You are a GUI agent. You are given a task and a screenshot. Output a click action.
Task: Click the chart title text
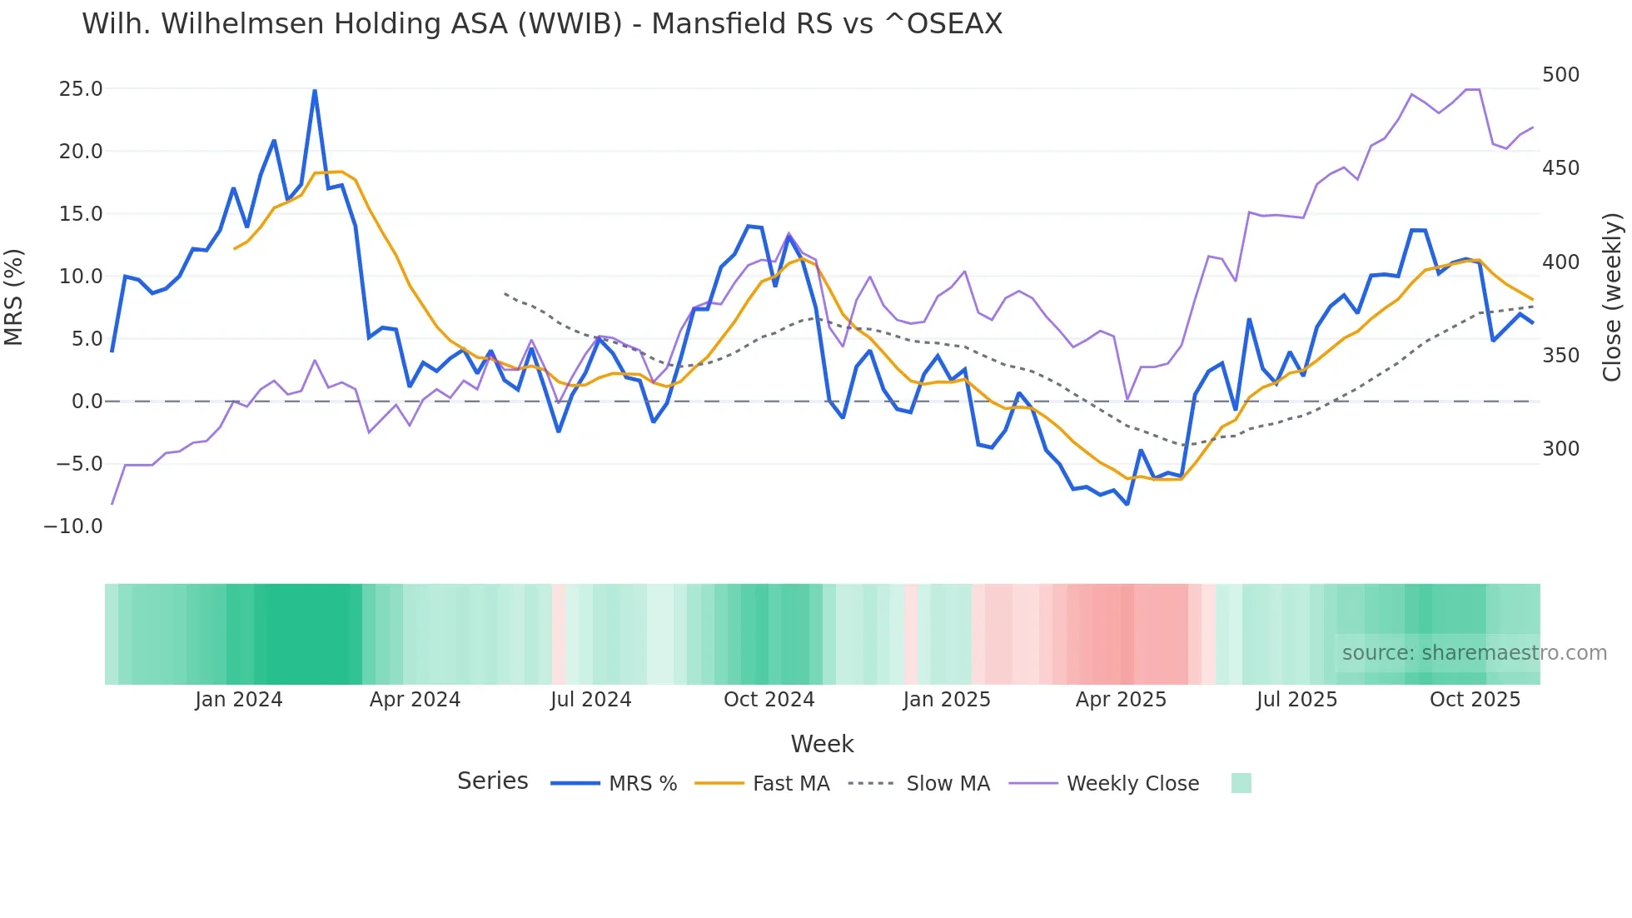point(542,24)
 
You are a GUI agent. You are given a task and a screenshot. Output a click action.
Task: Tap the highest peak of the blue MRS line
point(315,90)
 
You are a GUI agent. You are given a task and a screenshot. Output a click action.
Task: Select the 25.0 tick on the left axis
point(81,89)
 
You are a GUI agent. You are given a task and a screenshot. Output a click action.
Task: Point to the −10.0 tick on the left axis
point(73,526)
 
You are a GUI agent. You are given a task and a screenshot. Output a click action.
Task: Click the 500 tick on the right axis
point(1560,75)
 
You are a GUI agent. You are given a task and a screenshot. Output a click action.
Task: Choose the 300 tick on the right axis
point(1560,449)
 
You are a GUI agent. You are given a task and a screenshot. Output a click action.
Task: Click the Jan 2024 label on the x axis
point(239,700)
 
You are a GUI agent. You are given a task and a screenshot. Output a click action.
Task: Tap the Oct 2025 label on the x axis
point(1475,700)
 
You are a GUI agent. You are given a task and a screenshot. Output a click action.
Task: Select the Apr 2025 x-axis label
point(1121,700)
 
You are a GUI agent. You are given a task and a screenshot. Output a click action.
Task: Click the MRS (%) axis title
point(14,297)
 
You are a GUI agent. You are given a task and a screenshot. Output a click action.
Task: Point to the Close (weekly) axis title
point(1612,297)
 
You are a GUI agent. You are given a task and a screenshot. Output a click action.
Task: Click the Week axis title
point(822,744)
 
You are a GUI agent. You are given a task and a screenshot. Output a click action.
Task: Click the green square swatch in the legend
point(1241,783)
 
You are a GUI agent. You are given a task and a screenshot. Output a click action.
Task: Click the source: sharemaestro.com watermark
point(1474,653)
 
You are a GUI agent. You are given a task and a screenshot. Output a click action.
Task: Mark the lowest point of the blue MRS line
point(1127,504)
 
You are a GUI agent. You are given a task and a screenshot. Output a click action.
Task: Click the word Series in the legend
point(492,781)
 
